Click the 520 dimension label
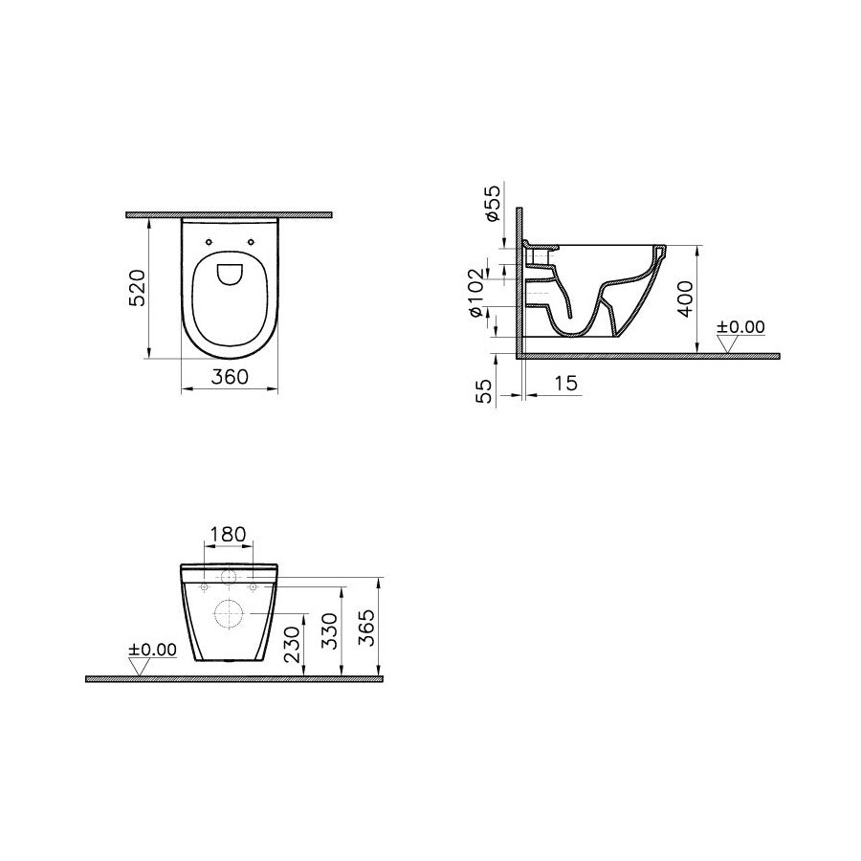(x=138, y=288)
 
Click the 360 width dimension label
(x=230, y=377)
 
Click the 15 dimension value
(x=565, y=384)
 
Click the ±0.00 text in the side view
(x=741, y=327)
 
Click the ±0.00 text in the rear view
(x=152, y=650)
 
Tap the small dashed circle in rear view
(x=230, y=578)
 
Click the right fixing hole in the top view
(x=252, y=241)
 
